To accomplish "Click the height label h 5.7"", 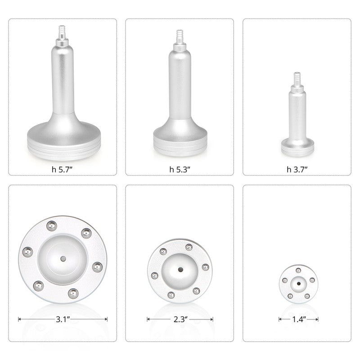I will click(63, 170).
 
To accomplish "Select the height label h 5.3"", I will click(180, 170).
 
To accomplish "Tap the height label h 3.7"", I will click(297, 170).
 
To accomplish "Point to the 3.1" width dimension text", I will click(63, 319).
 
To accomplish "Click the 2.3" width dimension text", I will click(180, 319).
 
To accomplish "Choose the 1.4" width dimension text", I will click(298, 319).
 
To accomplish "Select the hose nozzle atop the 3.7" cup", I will click(297, 78).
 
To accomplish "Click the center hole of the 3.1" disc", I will click(63, 259).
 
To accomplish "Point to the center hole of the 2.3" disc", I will click(180, 270).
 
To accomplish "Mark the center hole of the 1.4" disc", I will click(298, 283).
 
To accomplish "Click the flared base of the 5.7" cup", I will click(63, 135).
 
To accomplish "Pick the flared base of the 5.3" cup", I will click(180, 135).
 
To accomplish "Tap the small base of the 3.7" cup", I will click(297, 146).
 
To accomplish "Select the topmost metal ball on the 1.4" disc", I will click(298, 270).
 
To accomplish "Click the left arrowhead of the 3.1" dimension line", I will click(19, 319).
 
